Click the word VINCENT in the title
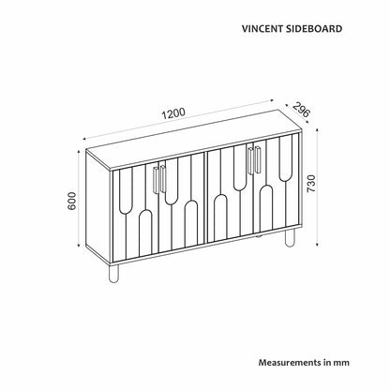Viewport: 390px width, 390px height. pos(262,29)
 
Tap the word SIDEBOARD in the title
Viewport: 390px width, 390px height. pos(314,29)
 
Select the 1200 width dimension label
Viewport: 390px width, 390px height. pos(173,114)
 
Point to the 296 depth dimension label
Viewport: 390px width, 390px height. pos(301,109)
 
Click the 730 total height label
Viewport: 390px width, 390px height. pos(311,184)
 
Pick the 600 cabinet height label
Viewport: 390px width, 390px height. pos(72,202)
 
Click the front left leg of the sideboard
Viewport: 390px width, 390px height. pos(113,274)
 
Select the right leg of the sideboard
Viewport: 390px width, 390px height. pos(290,237)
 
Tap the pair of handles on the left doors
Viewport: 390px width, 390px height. pos(159,180)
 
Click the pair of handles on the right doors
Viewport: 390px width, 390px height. pos(254,160)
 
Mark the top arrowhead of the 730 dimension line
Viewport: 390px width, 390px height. pos(318,130)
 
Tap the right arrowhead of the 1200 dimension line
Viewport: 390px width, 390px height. pos(271,100)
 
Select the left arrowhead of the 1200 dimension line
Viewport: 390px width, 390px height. pos(85,139)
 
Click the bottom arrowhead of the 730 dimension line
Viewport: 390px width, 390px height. pos(318,244)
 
